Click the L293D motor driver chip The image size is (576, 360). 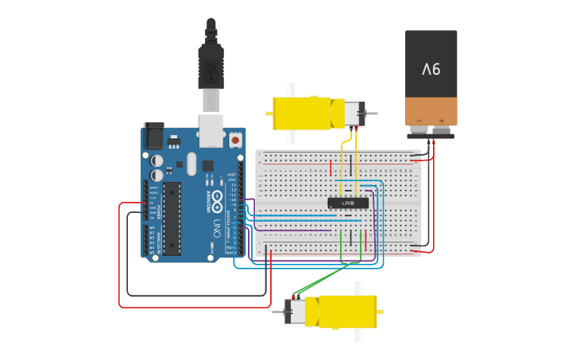pos(348,203)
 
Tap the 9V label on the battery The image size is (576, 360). pos(431,70)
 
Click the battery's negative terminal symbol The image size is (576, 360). pos(419,120)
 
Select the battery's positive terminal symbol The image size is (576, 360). pos(441,120)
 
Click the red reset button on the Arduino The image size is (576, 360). pos(234,141)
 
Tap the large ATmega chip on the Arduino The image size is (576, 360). pos(172,219)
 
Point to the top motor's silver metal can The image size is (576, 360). pos(350,113)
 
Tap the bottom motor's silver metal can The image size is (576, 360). pos(295,311)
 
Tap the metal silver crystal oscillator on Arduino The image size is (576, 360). pos(191,164)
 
